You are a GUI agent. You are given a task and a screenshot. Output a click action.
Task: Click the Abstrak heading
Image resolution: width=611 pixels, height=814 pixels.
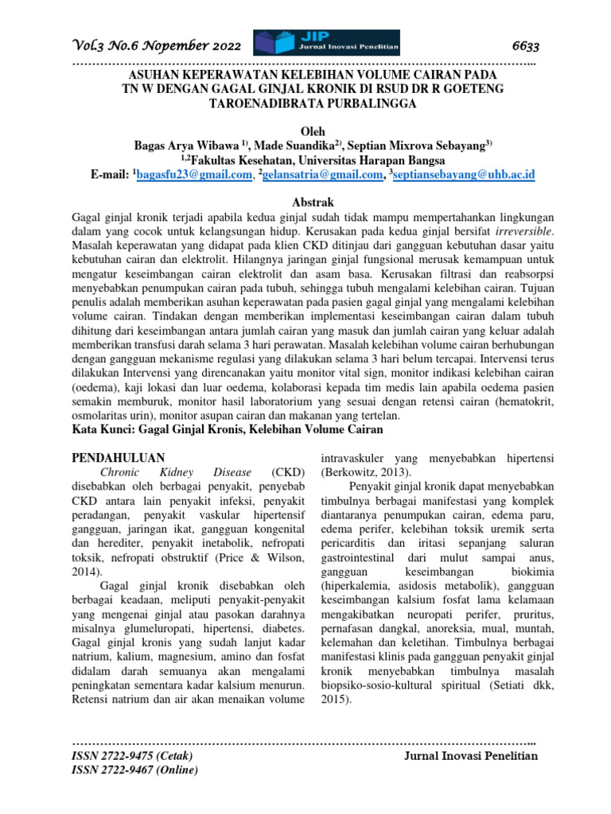[305, 203]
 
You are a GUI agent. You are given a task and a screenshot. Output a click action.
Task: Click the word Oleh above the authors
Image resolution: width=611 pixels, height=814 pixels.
[305, 131]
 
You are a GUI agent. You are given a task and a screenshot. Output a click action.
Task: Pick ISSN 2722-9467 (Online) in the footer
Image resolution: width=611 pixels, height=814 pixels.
[135, 770]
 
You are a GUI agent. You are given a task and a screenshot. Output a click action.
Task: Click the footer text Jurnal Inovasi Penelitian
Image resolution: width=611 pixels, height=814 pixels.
[472, 756]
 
